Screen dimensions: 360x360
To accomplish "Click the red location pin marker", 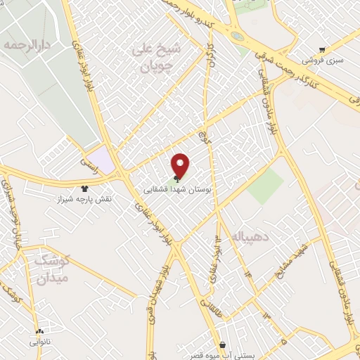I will pyautogui.click(x=181, y=165).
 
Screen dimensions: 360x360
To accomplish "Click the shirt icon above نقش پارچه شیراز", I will pyautogui.click(x=85, y=188).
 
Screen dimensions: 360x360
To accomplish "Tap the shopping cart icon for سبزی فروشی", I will pyautogui.click(x=322, y=49).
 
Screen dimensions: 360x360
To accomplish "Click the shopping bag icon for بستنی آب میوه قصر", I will pyautogui.click(x=223, y=345).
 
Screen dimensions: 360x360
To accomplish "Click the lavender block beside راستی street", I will pyautogui.click(x=104, y=160).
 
